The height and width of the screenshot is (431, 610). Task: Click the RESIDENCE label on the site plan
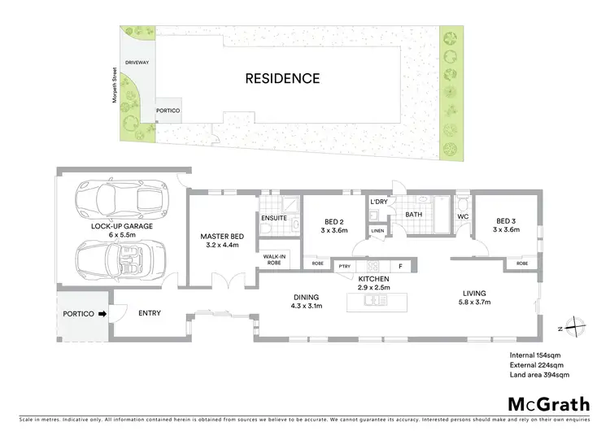click(x=284, y=79)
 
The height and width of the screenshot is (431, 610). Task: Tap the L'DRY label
click(x=377, y=201)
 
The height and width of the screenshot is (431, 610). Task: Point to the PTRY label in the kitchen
click(x=345, y=265)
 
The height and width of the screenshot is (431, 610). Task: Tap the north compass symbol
click(x=575, y=325)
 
